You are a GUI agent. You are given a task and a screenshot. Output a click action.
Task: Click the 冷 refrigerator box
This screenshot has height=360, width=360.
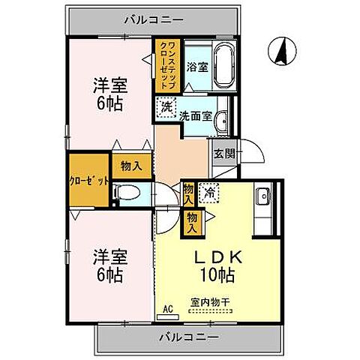point(211,192)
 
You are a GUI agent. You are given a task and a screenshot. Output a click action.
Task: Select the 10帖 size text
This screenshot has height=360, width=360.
point(217,275)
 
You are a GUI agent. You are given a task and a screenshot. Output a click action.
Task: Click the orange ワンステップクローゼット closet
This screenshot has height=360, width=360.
point(166,65)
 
